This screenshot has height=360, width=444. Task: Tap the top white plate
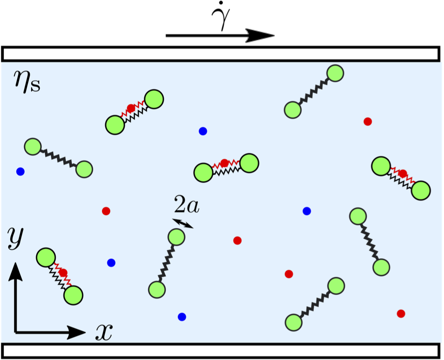tap(220, 54)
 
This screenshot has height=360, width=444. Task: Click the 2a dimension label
tap(186, 205)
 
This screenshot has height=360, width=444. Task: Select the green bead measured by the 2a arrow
tap(177, 237)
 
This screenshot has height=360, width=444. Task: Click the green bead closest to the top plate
tap(335, 73)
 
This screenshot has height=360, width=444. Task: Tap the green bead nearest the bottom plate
tap(293, 322)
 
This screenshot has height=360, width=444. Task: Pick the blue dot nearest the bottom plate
tap(182, 317)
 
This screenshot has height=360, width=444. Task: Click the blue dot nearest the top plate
tap(203, 131)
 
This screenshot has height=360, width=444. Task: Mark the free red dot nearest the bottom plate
tap(401, 314)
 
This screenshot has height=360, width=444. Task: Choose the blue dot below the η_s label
tap(20, 172)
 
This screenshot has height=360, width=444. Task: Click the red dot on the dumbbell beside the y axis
tap(63, 272)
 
